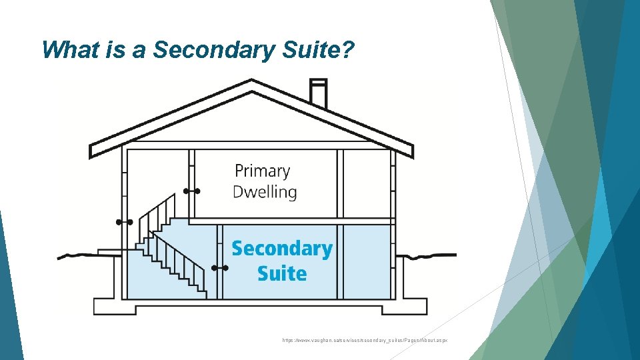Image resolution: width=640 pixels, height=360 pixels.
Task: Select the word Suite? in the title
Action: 314,50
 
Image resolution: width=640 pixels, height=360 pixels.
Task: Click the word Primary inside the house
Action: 262,171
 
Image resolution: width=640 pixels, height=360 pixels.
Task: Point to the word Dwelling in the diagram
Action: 265,192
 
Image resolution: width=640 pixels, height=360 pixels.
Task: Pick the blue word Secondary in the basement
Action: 281,249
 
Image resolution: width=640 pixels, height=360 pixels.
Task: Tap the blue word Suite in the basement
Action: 281,273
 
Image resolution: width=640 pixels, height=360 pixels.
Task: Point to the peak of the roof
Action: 251,83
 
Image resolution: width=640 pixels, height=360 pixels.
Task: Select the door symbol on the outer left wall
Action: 123,221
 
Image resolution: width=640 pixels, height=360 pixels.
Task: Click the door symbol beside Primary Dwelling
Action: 192,191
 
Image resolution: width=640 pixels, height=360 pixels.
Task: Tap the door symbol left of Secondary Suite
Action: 220,268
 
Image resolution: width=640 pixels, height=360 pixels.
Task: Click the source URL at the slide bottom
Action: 365,340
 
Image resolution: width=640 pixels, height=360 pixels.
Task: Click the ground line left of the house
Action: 77,255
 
